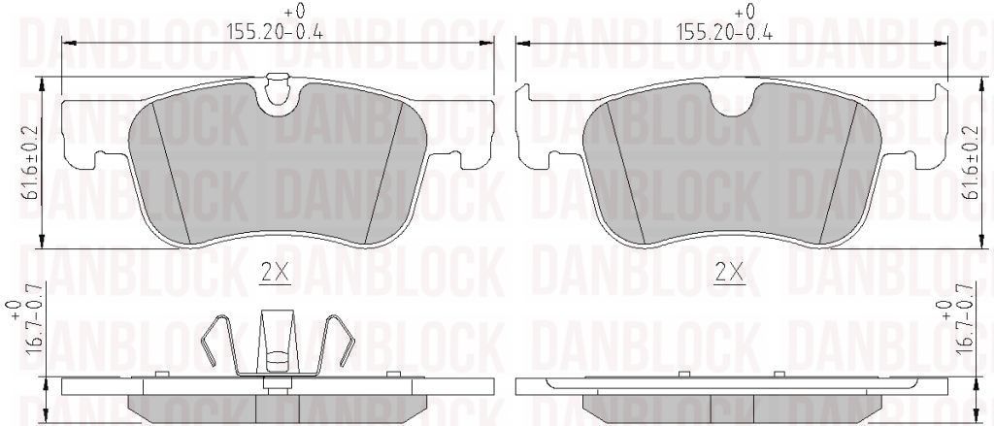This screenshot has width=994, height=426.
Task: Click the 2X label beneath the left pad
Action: (x=276, y=273)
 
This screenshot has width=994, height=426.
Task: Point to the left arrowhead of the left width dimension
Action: (x=66, y=42)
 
